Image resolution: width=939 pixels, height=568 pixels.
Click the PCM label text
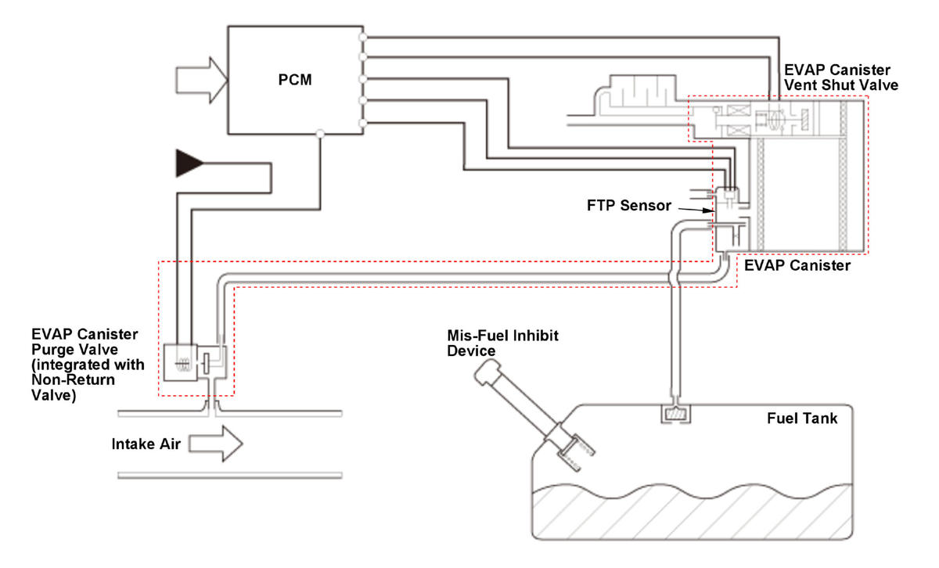click(295, 80)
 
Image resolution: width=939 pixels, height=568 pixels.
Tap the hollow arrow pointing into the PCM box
click(202, 80)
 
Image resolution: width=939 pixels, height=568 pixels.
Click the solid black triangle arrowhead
click(189, 163)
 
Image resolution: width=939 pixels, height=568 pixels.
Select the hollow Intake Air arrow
click(215, 444)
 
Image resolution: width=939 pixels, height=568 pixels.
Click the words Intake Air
click(146, 444)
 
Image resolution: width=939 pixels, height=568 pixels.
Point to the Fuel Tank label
click(802, 419)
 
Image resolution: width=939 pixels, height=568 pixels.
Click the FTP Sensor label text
click(629, 206)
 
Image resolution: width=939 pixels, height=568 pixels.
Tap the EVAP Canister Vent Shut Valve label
click(841, 77)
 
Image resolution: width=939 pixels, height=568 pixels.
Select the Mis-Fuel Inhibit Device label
click(502, 343)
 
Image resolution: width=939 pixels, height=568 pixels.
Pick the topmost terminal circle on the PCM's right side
click(363, 38)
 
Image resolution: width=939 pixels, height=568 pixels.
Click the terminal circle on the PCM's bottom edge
click(320, 134)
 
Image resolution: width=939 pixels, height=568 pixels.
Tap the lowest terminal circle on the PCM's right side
click(363, 124)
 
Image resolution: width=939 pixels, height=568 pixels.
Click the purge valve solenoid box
click(180, 362)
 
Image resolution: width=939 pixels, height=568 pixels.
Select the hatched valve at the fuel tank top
click(676, 414)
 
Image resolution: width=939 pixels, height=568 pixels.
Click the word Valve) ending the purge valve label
click(54, 395)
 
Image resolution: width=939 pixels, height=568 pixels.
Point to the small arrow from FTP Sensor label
click(696, 210)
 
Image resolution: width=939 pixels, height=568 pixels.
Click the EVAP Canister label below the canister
click(797, 265)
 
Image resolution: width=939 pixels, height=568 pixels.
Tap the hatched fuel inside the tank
click(692, 512)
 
